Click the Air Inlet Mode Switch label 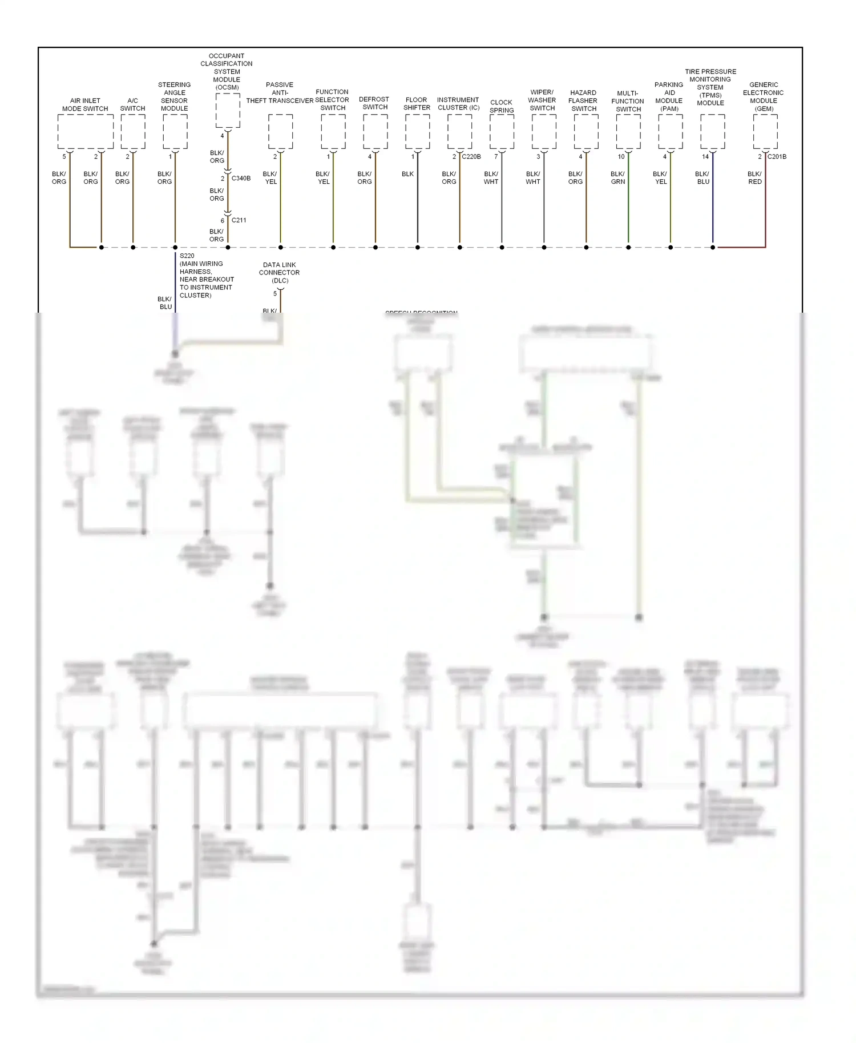85,104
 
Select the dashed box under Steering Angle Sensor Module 175,131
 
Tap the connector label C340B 241,178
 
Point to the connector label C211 239,220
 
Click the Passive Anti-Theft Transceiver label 280,93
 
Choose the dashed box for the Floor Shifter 417,131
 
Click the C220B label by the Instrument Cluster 471,156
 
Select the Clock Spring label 502,106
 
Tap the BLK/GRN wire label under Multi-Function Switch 618,177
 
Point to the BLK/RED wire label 754,177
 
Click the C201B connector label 777,156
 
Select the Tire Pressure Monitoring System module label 710,87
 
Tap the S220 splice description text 206,276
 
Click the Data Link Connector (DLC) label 280,273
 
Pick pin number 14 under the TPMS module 705,156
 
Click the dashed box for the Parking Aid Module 670,131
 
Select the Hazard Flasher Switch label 583,100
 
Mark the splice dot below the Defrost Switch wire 375,248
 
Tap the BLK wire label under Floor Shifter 407,174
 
